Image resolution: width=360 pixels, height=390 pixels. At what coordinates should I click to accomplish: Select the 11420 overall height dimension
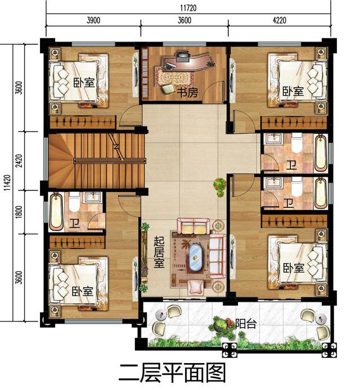(7, 183)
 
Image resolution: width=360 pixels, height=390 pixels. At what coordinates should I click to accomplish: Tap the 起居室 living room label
(159, 252)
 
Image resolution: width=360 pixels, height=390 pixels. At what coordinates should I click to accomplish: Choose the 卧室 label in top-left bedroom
(83, 82)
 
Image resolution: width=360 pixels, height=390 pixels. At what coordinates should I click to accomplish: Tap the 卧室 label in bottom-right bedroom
(293, 267)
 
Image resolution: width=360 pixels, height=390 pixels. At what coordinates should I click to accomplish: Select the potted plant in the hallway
(219, 185)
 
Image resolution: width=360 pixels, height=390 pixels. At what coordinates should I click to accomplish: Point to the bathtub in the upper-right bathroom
(320, 152)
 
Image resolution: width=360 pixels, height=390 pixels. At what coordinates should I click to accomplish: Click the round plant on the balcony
(221, 324)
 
